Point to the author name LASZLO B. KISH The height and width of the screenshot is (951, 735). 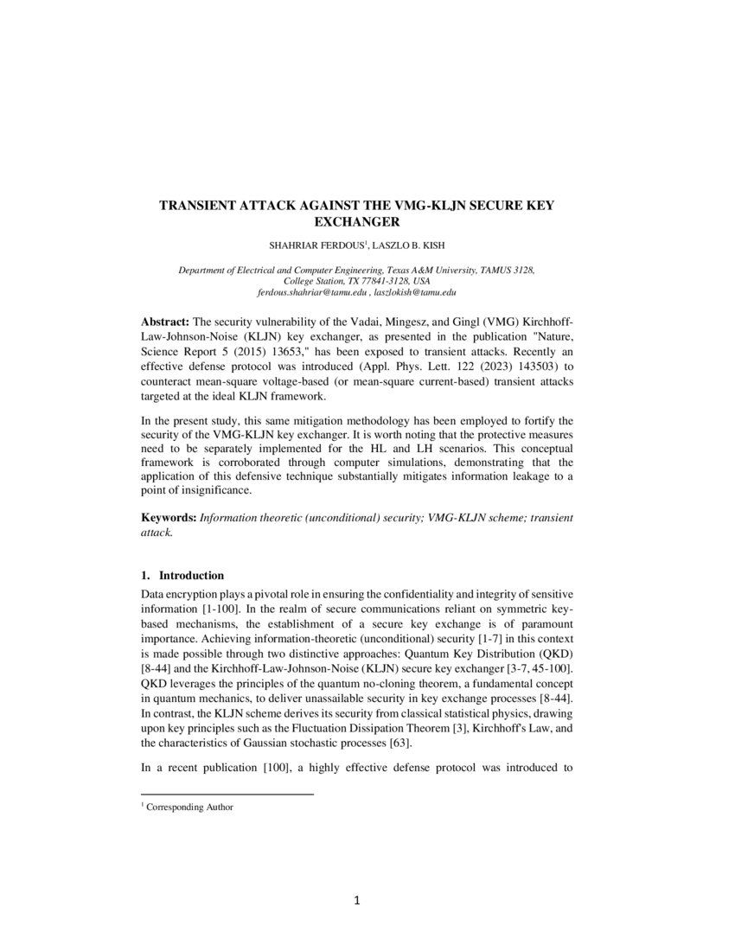click(406, 246)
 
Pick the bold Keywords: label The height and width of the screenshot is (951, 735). click(169, 517)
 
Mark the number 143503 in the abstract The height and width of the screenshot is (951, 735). click(521, 367)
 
